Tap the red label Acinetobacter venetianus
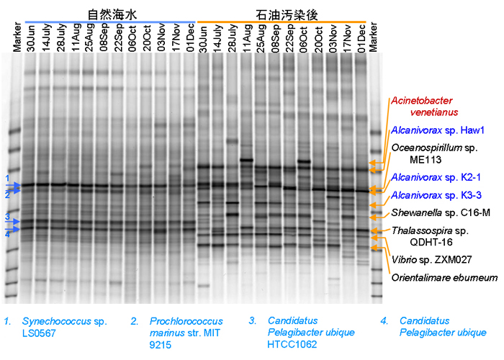click(424, 107)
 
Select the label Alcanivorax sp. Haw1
click(431, 130)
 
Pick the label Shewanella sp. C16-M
click(431, 212)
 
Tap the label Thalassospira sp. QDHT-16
click(431, 236)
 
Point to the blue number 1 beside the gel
click(6, 178)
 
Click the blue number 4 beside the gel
click(6, 234)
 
